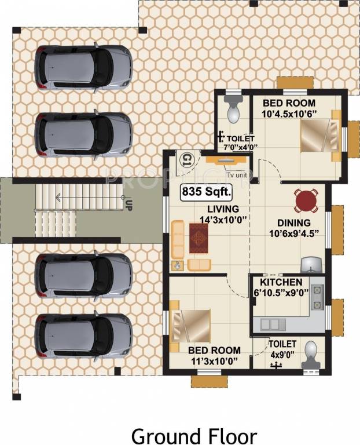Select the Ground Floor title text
(x=193, y=435)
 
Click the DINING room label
(x=293, y=222)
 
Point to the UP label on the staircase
(x=128, y=204)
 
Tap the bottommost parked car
(x=83, y=335)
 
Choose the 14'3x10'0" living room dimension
(x=207, y=220)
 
